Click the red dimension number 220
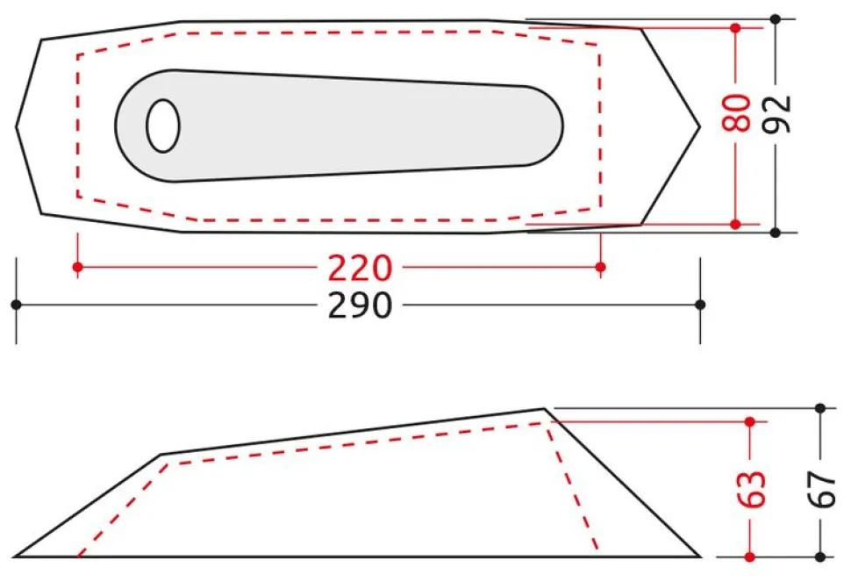(x=360, y=268)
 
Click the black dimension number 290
(x=360, y=305)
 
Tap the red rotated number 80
(x=736, y=112)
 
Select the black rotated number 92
(x=776, y=114)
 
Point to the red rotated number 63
(x=752, y=489)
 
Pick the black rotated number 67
(x=822, y=489)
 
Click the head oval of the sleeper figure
(x=163, y=126)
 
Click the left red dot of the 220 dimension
(x=77, y=267)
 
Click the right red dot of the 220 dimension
(x=600, y=267)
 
